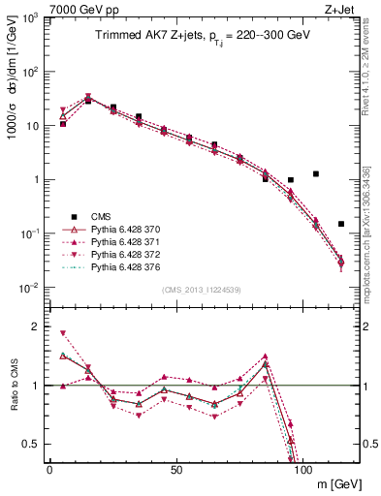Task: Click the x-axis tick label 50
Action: (x=175, y=470)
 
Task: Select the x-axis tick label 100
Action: (x=302, y=470)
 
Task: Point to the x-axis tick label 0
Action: (x=49, y=470)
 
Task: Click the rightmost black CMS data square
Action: (x=340, y=224)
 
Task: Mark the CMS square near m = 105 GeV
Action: (x=315, y=173)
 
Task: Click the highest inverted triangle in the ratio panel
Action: (x=63, y=333)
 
